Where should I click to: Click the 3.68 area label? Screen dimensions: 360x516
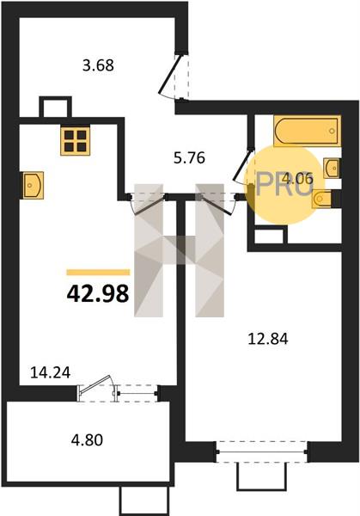point(98,64)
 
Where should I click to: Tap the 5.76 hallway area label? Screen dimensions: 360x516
point(189,157)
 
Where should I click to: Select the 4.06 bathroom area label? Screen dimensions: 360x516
point(298,179)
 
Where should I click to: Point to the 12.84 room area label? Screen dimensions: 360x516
point(268,338)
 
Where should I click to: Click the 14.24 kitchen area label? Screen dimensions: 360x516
point(51,372)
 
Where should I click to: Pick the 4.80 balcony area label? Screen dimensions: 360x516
point(87,439)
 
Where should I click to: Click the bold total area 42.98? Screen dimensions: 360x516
point(98,293)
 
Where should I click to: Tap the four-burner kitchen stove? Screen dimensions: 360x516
point(76,141)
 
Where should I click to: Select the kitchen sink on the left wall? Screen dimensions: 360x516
point(33,185)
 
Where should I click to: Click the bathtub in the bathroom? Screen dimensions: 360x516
point(307,131)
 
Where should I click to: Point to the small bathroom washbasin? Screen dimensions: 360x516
point(332,169)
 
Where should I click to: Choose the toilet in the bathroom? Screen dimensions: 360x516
point(322,200)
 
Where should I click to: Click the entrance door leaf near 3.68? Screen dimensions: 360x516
point(169,74)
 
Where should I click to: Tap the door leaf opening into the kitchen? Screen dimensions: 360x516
point(149,206)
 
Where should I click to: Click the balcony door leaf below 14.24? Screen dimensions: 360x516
point(95,384)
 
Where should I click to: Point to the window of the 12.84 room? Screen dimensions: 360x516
point(262,451)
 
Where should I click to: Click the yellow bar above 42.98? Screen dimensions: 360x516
point(98,272)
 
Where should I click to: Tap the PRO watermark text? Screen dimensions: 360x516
point(284,184)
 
